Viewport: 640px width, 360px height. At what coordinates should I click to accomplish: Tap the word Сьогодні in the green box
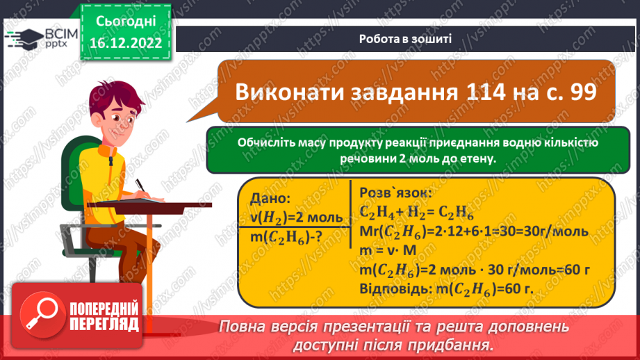125,21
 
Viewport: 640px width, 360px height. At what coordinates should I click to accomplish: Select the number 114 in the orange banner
454,92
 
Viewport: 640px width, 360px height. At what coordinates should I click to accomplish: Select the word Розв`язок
394,193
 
